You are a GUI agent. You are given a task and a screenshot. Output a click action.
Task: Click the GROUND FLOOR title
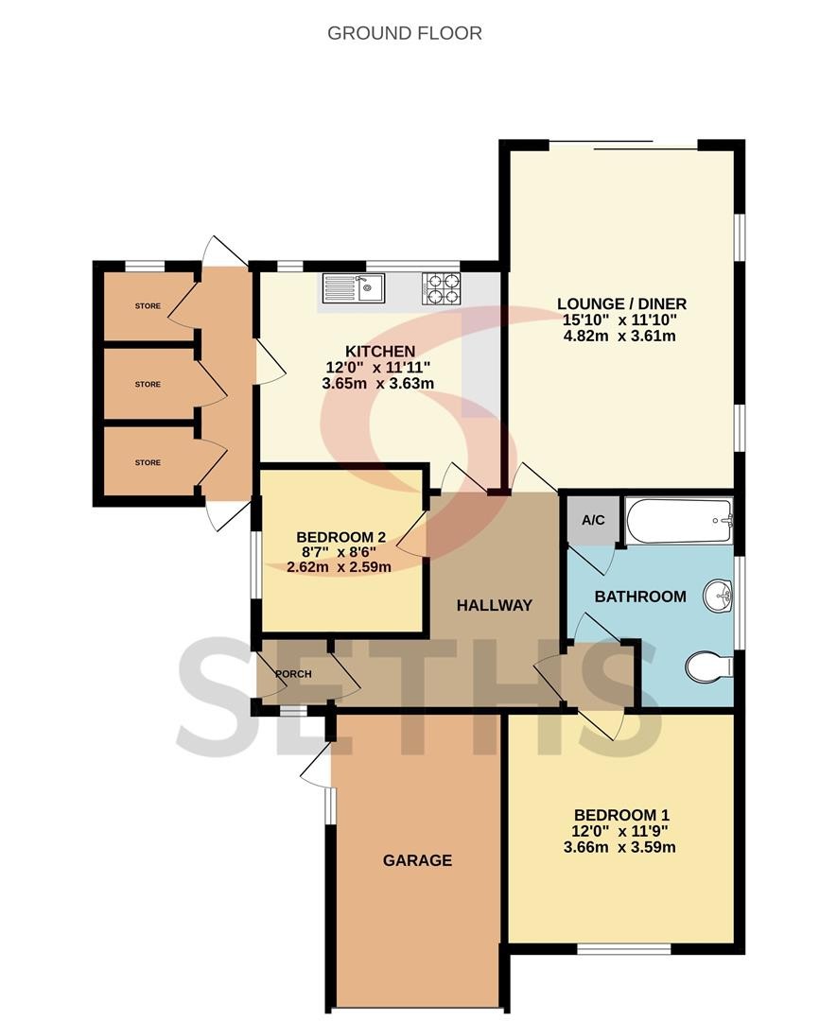[405, 33]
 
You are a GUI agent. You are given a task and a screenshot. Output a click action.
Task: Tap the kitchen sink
[355, 287]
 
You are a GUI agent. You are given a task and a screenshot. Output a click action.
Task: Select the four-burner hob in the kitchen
[442, 287]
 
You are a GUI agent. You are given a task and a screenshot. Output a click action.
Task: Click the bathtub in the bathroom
[679, 520]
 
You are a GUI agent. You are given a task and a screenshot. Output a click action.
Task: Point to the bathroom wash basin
[719, 596]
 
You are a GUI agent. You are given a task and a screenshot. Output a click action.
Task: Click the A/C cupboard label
[593, 520]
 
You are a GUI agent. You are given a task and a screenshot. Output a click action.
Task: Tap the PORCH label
[294, 674]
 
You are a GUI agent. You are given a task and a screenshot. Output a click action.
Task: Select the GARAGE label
[417, 860]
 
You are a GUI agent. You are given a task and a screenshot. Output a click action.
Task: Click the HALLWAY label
[495, 605]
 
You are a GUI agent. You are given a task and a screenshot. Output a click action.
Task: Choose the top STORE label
[148, 306]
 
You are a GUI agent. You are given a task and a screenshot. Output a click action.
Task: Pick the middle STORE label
[148, 384]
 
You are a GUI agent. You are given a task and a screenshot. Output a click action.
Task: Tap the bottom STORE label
[148, 462]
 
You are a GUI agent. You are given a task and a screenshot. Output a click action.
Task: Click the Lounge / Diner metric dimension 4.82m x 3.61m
[619, 336]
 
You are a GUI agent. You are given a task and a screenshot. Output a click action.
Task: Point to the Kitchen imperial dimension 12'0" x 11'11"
[377, 367]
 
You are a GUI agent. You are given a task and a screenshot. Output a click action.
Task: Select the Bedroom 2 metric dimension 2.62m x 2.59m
[340, 566]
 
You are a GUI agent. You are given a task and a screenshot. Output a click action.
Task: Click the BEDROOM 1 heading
[621, 815]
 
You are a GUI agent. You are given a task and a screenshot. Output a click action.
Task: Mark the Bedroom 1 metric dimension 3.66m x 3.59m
[619, 847]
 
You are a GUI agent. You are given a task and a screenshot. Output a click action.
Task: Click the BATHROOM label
[640, 596]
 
